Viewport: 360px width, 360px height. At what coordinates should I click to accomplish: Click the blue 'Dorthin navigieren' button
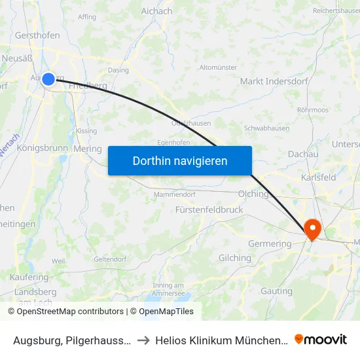tap(180, 160)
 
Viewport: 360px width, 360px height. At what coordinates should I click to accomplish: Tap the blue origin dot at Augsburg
tap(48, 79)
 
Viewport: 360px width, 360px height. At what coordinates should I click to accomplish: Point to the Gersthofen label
tap(37, 35)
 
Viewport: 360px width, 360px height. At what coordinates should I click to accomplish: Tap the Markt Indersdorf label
tap(270, 81)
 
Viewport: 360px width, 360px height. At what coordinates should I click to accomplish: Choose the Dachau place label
tap(302, 154)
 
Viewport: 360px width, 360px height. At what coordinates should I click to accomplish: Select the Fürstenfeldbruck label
tap(209, 209)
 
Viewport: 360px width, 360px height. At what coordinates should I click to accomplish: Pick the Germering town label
tap(270, 243)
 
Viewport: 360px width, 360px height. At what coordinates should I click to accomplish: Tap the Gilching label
tap(234, 258)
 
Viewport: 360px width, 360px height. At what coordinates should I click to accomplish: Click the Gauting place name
tap(276, 291)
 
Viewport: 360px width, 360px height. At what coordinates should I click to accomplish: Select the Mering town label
tap(88, 149)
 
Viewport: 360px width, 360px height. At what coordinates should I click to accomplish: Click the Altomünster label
tap(218, 67)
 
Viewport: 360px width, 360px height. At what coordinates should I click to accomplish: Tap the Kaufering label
tap(29, 278)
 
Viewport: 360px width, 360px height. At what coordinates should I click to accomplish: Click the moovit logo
tap(321, 339)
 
